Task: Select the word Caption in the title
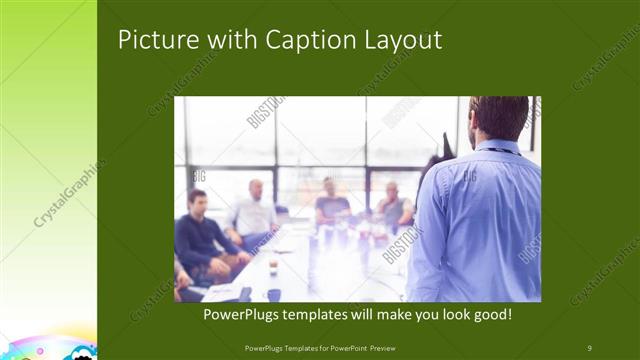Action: tap(304, 39)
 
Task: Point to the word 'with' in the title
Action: tap(229, 39)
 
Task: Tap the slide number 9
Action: tap(589, 348)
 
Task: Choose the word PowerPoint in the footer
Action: tap(342, 348)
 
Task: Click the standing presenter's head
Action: tap(496, 117)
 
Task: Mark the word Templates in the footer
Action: tap(290, 348)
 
